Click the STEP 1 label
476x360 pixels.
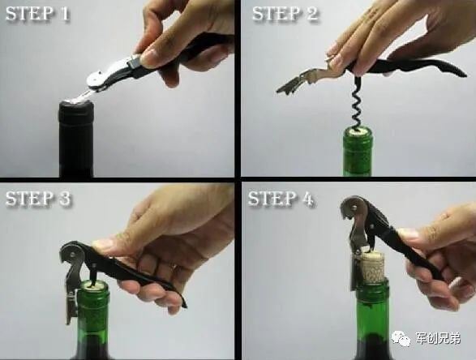(37, 14)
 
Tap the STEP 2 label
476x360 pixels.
(285, 14)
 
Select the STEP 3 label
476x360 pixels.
(38, 199)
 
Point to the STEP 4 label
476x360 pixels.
(281, 199)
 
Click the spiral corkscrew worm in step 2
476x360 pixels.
(357, 103)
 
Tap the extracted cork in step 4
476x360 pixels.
(372, 267)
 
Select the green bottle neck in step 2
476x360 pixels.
(358, 152)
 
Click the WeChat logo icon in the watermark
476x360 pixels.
(400, 337)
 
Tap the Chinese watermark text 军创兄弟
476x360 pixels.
(438, 338)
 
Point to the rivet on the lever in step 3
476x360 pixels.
(72, 251)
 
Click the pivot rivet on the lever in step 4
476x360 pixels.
(354, 208)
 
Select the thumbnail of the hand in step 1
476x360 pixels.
(149, 57)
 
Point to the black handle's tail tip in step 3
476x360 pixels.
(185, 304)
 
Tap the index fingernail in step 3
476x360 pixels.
(101, 242)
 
